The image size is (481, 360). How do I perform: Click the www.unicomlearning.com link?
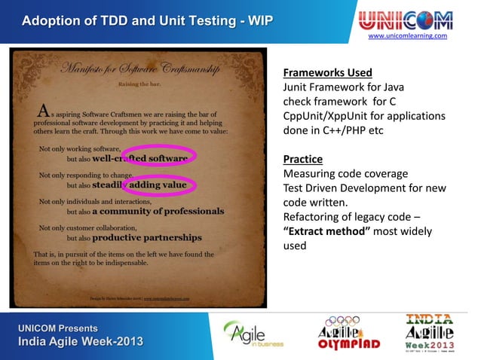(x=407, y=36)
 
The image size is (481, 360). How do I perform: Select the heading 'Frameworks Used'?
(x=327, y=73)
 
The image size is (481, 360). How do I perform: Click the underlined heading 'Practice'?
(x=302, y=159)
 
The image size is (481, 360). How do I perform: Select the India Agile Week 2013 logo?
(x=430, y=332)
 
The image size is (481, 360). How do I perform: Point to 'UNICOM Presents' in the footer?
(x=59, y=328)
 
